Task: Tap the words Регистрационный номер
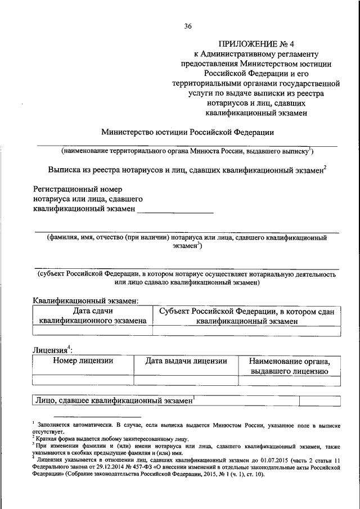(x=78, y=189)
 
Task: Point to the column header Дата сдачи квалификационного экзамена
(x=93, y=316)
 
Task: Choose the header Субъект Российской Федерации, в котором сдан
(x=247, y=311)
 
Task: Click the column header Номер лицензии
(x=83, y=361)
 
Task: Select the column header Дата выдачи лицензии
(x=186, y=361)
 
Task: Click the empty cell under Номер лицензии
(x=83, y=381)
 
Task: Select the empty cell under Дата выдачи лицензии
(x=186, y=381)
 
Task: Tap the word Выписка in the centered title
(x=65, y=168)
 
